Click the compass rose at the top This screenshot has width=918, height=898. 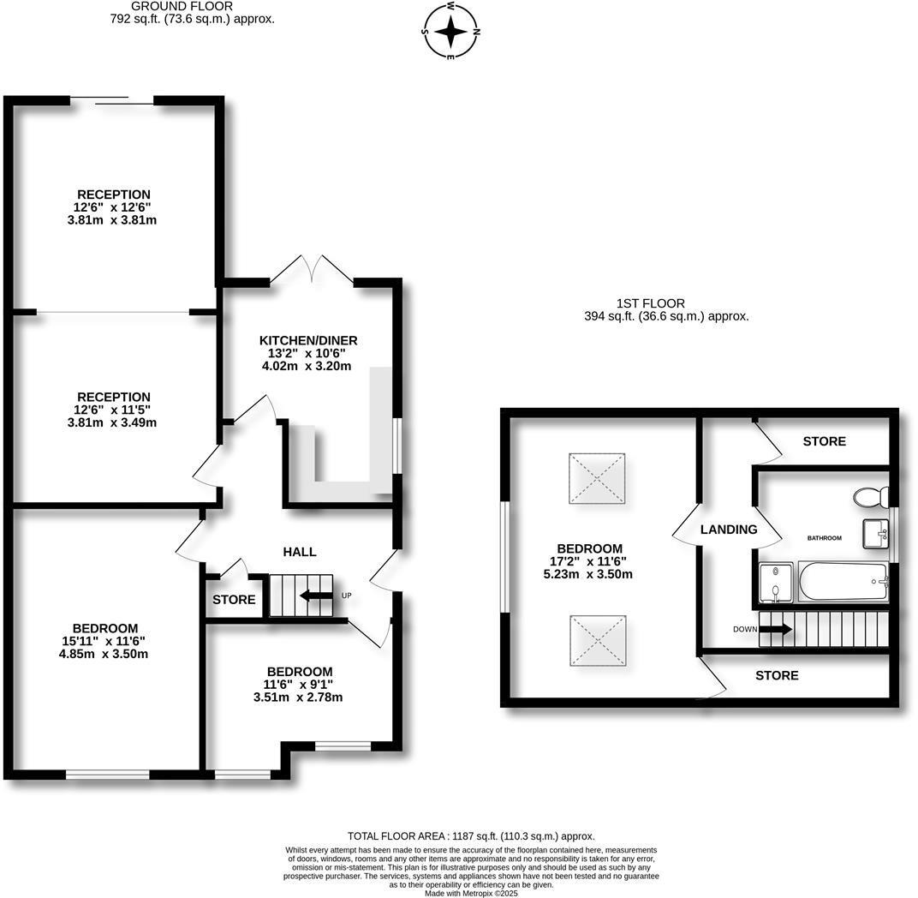pyautogui.click(x=451, y=32)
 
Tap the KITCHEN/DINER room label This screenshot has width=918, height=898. pyautogui.click(x=308, y=340)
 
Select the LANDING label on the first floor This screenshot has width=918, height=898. pyautogui.click(x=729, y=530)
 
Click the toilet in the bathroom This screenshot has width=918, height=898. pyautogui.click(x=871, y=497)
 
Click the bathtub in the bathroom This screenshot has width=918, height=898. pyautogui.click(x=843, y=583)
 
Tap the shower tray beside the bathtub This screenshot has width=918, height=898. pyautogui.click(x=777, y=583)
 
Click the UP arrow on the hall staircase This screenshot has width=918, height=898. pyautogui.click(x=315, y=596)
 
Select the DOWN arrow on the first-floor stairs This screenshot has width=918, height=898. pyautogui.click(x=775, y=630)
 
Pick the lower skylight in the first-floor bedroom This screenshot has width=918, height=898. pyautogui.click(x=597, y=638)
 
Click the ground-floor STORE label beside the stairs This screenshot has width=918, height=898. pyautogui.click(x=234, y=600)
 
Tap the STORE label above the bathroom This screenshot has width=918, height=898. pyautogui.click(x=824, y=441)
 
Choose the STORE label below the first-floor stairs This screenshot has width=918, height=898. pyautogui.click(x=777, y=675)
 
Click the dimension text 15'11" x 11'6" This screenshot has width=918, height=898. pyautogui.click(x=106, y=641)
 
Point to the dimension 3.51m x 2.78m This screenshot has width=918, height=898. pyautogui.click(x=298, y=697)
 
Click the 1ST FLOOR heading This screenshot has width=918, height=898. pyautogui.click(x=650, y=303)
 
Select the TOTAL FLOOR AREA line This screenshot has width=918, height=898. pyautogui.click(x=470, y=835)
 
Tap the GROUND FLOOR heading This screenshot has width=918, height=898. pyautogui.click(x=170, y=6)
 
